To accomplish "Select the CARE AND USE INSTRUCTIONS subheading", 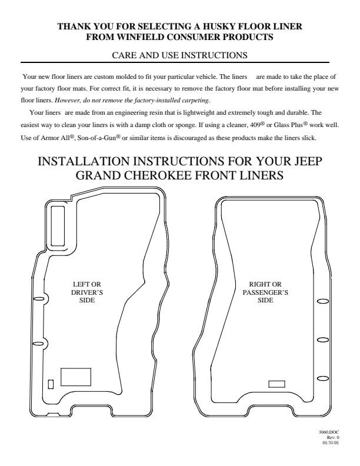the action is pos(179,55).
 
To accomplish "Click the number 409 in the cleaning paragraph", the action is pos(255,125).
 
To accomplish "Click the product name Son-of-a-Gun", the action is pos(97,138).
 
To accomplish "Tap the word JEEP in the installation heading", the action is pos(308,161).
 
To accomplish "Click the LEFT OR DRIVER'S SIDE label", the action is pos(87,292).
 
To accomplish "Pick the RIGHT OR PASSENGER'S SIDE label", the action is pos(265,292).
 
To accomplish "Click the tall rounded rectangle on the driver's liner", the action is pos(58,226).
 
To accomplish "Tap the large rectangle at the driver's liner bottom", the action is pos(76,377).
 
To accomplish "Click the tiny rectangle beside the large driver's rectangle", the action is pos(51,384).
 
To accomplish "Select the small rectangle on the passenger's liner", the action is pos(276,384).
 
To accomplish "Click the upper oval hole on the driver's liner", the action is pos(38,299).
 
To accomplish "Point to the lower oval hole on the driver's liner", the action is pos(38,344).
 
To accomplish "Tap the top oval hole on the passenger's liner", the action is pos(323,301).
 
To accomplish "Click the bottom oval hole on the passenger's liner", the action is pos(323,378).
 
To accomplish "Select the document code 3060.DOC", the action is pos(329,432).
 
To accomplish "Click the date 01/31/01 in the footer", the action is pos(331,443).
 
